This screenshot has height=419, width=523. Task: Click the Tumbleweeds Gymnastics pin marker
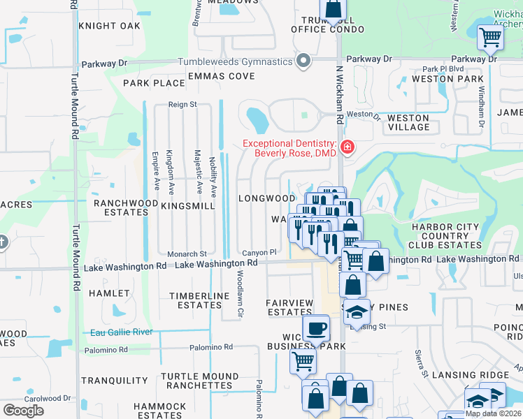pyautogui.click(x=303, y=61)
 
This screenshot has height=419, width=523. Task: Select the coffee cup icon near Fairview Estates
pyautogui.click(x=315, y=328)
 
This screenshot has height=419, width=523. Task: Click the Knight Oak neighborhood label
pyautogui.click(x=110, y=26)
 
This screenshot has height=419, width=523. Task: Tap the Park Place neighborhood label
pyautogui.click(x=154, y=83)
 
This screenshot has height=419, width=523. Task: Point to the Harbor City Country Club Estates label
pyautogui.click(x=445, y=236)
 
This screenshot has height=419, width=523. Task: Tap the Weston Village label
pyautogui.click(x=408, y=122)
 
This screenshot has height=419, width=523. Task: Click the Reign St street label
pyautogui.click(x=183, y=104)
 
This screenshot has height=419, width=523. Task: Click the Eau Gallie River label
pyautogui.click(x=122, y=332)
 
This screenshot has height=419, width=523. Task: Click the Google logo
pyautogui.click(x=23, y=410)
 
